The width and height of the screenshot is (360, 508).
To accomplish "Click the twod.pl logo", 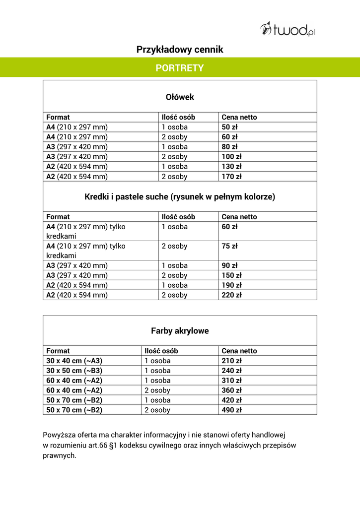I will (x=288, y=29).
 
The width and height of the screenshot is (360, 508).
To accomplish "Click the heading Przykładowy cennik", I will (x=180, y=50).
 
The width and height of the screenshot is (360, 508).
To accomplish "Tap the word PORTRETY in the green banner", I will (x=180, y=68).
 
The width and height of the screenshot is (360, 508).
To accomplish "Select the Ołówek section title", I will (x=180, y=97).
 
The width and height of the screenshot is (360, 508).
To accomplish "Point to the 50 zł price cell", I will (x=229, y=127).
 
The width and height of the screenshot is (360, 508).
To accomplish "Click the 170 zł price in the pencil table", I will (x=231, y=177).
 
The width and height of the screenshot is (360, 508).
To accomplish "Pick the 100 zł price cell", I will (x=231, y=157).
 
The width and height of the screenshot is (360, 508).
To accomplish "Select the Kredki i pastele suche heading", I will (x=180, y=197).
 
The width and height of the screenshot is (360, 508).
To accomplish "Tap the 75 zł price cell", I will (x=229, y=246).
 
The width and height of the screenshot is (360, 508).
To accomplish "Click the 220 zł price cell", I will (x=231, y=295).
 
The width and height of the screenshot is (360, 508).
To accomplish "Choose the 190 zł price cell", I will (x=231, y=285).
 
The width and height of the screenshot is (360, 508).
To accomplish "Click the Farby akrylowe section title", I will (x=180, y=331).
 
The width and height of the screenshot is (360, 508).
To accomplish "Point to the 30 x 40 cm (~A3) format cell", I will (x=74, y=361).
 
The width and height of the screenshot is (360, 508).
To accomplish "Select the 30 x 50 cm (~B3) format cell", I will (x=74, y=371).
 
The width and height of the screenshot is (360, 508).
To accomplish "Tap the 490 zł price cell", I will (x=231, y=410).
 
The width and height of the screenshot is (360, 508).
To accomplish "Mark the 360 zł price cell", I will (x=231, y=390).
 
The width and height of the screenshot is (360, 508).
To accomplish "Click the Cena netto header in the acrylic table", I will (x=239, y=351).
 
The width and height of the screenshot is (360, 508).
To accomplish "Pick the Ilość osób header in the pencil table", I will (x=178, y=118).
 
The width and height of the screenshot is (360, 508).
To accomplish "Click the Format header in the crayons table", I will (x=58, y=217).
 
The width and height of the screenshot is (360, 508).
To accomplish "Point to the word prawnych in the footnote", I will (x=60, y=455).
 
